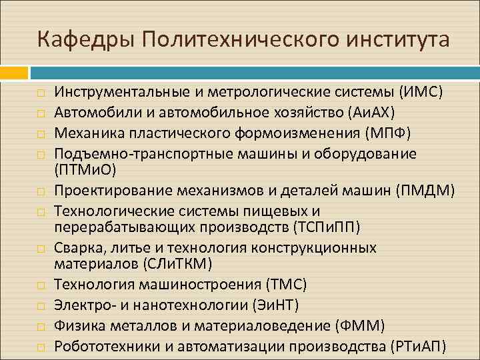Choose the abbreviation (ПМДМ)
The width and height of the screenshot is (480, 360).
click(425, 191)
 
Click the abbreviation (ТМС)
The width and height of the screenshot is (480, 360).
click(285, 285)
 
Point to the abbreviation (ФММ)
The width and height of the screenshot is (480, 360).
click(361, 325)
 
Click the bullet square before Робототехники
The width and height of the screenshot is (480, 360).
click(40, 347)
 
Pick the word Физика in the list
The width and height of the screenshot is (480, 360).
click(77, 325)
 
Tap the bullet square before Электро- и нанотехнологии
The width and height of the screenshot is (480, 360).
click(40, 306)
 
